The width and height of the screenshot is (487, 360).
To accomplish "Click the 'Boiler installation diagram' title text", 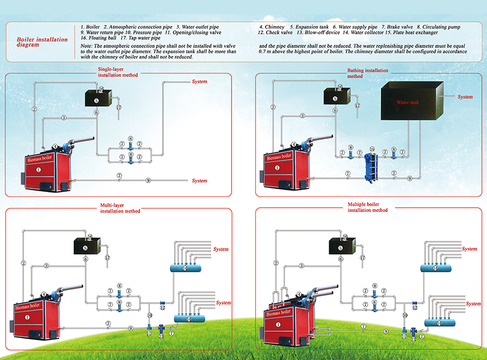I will click(x=42, y=42).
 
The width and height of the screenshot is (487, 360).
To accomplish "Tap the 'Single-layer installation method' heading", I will click(x=117, y=71).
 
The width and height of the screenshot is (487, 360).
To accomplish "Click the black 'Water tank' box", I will click(x=412, y=102).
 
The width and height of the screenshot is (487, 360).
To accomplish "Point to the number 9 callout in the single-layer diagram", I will click(x=148, y=180).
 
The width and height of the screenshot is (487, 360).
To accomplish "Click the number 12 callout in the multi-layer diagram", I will click(x=162, y=308).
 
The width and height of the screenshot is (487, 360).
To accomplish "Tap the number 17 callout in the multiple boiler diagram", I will click(x=363, y=258).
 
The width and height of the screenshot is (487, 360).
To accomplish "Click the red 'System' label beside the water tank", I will click(x=465, y=97).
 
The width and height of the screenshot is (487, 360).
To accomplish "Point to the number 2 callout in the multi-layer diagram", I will click(x=24, y=263).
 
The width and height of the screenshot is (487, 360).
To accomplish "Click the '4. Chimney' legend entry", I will click(x=272, y=27).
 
